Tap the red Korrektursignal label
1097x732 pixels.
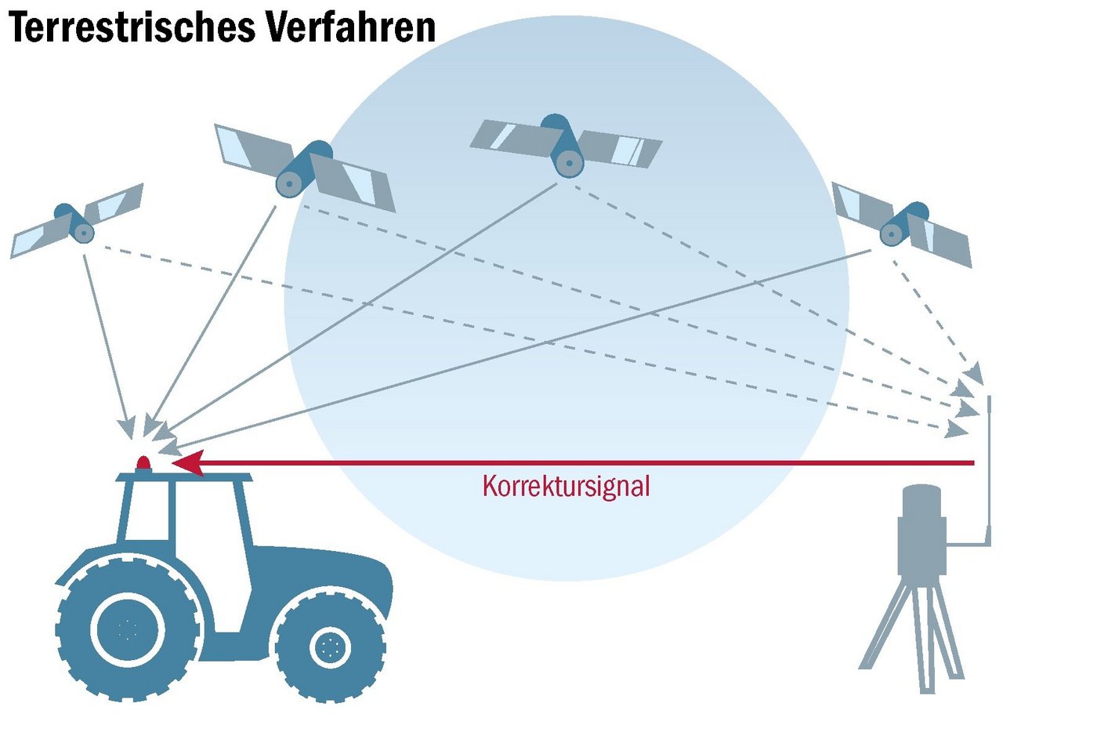point(566,486)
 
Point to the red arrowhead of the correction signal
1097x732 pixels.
point(188,462)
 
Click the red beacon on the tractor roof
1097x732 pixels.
point(143,463)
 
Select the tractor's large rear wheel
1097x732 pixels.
point(127,629)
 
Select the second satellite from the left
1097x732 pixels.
point(304,169)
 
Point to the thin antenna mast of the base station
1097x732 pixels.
point(990,470)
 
